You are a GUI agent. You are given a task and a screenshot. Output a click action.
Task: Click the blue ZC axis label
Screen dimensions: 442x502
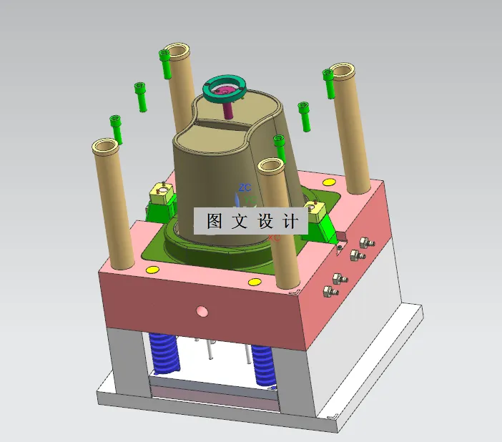tap(245, 188)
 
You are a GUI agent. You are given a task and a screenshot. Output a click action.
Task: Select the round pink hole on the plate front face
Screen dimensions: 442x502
tap(202, 311)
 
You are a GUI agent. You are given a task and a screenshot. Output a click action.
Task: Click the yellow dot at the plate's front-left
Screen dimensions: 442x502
tap(152, 270)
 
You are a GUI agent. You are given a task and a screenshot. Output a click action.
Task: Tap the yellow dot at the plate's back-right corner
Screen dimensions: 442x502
tap(330, 182)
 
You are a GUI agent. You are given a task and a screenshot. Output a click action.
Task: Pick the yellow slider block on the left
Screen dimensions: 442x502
tap(162, 192)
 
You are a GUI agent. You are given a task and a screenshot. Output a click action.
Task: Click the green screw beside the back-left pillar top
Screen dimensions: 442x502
tap(165, 64)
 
